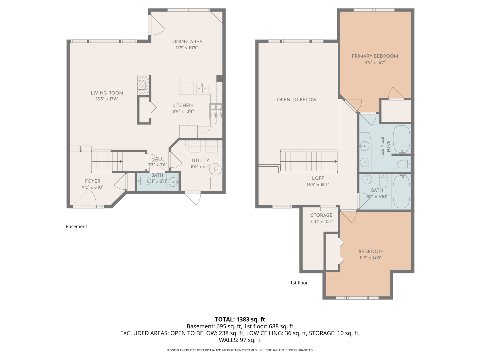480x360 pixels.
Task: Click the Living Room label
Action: pyautogui.click(x=107, y=93)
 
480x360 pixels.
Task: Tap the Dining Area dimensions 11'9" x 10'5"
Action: pyautogui.click(x=187, y=48)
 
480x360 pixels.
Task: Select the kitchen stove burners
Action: pyautogui.click(x=216, y=111)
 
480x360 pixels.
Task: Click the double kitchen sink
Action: pyautogui.click(x=202, y=88)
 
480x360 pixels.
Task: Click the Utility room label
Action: pyautogui.click(x=200, y=160)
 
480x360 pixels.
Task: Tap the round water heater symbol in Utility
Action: pyautogui.click(x=215, y=169)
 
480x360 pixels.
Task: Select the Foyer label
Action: pyautogui.click(x=92, y=181)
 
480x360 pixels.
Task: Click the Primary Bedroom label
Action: pyautogui.click(x=375, y=56)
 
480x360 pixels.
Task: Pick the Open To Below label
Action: pyautogui.click(x=297, y=99)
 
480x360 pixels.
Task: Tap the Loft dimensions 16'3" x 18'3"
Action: pyautogui.click(x=318, y=185)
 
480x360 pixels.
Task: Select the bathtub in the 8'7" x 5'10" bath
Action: pyautogui.click(x=401, y=192)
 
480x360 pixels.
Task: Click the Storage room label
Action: pyautogui.click(x=321, y=215)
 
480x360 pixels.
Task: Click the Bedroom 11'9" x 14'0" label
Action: pyautogui.click(x=370, y=251)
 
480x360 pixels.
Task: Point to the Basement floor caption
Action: pyautogui.click(x=76, y=226)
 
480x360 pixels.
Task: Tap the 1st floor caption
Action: pyautogui.click(x=299, y=283)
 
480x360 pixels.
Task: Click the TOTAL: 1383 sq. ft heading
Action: pyautogui.click(x=240, y=319)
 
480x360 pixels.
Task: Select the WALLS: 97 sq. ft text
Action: pyautogui.click(x=240, y=340)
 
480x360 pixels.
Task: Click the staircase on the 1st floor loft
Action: pyautogui.click(x=308, y=161)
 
